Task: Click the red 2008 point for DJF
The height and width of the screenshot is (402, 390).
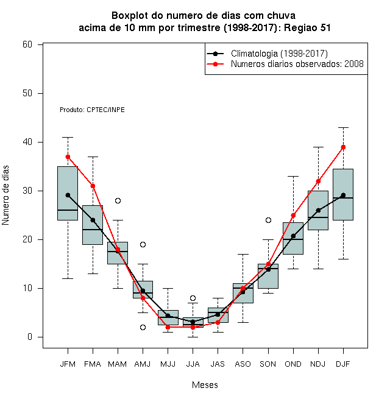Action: pyautogui.click(x=343, y=147)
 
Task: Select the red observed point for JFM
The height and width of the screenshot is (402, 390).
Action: pyautogui.click(x=68, y=157)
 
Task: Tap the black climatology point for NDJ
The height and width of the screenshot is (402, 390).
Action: pyautogui.click(x=319, y=211)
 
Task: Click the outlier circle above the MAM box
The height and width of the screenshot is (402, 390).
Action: pyautogui.click(x=118, y=201)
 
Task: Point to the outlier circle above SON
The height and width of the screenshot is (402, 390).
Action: pyautogui.click(x=268, y=220)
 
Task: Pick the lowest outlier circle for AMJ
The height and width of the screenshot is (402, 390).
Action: pyautogui.click(x=143, y=328)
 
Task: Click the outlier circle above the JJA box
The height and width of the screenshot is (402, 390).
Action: pyautogui.click(x=193, y=298)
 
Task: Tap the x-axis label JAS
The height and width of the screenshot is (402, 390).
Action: pyautogui.click(x=218, y=364)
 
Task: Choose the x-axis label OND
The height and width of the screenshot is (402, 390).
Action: pyautogui.click(x=293, y=364)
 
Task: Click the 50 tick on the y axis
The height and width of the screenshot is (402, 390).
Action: pyautogui.click(x=27, y=93)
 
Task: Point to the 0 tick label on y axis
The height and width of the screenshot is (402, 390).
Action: pyautogui.click(x=30, y=337)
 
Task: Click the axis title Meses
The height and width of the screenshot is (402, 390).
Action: pyautogui.click(x=205, y=385)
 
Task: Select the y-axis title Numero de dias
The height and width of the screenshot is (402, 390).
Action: pyautogui.click(x=5, y=196)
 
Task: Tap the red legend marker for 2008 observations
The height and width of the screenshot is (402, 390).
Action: pyautogui.click(x=215, y=64)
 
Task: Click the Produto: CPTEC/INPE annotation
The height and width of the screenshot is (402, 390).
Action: pyautogui.click(x=93, y=110)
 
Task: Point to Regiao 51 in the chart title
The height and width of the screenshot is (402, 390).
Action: pyautogui.click(x=307, y=27)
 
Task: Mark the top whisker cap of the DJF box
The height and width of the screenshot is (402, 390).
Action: pyautogui.click(x=343, y=127)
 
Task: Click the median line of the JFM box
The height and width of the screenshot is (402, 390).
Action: pyautogui.click(x=68, y=210)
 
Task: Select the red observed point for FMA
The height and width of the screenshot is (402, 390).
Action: pyautogui.click(x=93, y=186)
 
